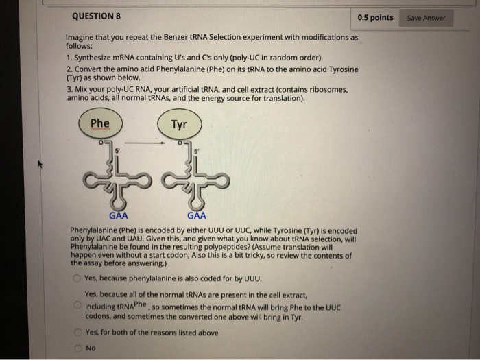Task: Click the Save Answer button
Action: pyautogui.click(x=426, y=18)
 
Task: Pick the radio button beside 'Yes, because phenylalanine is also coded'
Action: pyautogui.click(x=77, y=278)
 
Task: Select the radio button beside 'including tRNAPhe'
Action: pyautogui.click(x=77, y=305)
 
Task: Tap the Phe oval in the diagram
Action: pyautogui.click(x=100, y=124)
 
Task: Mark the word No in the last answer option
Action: pyautogui.click(x=91, y=348)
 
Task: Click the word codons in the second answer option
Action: pyautogui.click(x=100, y=316)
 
